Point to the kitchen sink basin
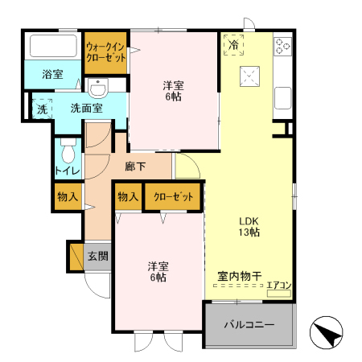coord(283,98)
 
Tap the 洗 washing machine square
coord(41,108)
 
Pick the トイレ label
coord(66,171)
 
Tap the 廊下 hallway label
coord(135,167)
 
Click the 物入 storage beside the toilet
coord(68,195)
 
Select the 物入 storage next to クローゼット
coord(128,196)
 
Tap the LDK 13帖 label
coord(247,226)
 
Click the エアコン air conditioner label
coord(278,284)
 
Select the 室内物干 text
coord(238,276)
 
